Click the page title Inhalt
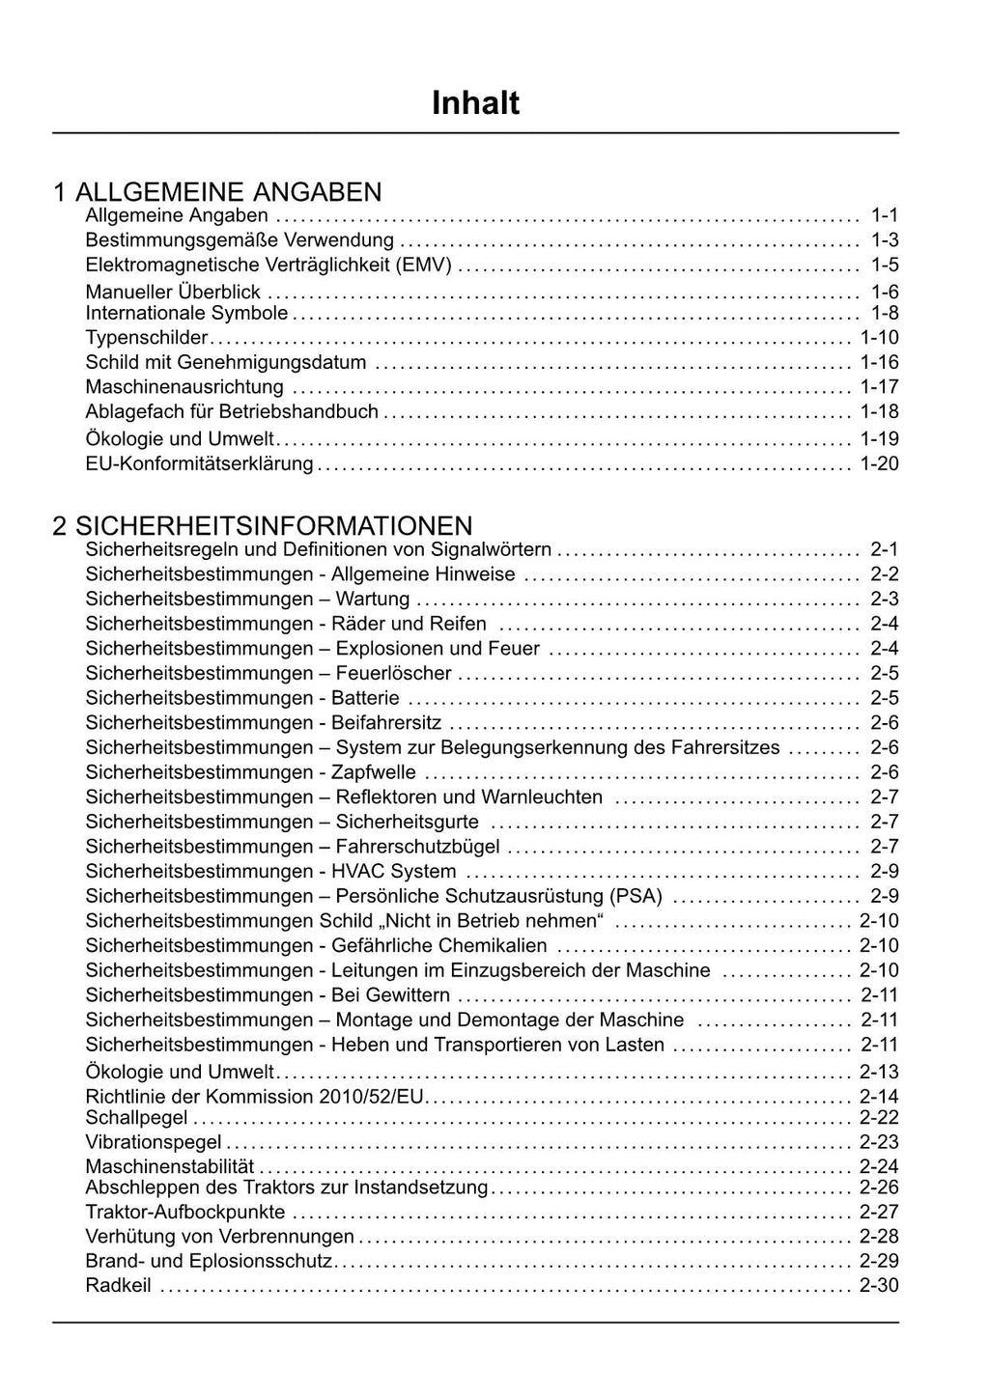click(x=475, y=103)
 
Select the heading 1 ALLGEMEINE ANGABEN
click(x=217, y=191)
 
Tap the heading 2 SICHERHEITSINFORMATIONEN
click(x=263, y=525)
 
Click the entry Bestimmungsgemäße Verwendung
click(x=240, y=240)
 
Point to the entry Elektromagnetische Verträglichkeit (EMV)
click(x=268, y=265)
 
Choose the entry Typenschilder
click(x=147, y=338)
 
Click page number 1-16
click(x=879, y=363)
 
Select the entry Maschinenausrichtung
click(x=184, y=387)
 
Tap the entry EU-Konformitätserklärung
click(x=199, y=464)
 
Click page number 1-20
click(x=879, y=464)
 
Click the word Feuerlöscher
click(x=393, y=674)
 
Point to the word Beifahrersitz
click(x=385, y=723)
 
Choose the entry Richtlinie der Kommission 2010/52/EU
click(x=255, y=1097)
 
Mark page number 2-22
click(x=879, y=1118)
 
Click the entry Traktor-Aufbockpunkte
click(x=185, y=1212)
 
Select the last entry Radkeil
click(x=118, y=1286)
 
